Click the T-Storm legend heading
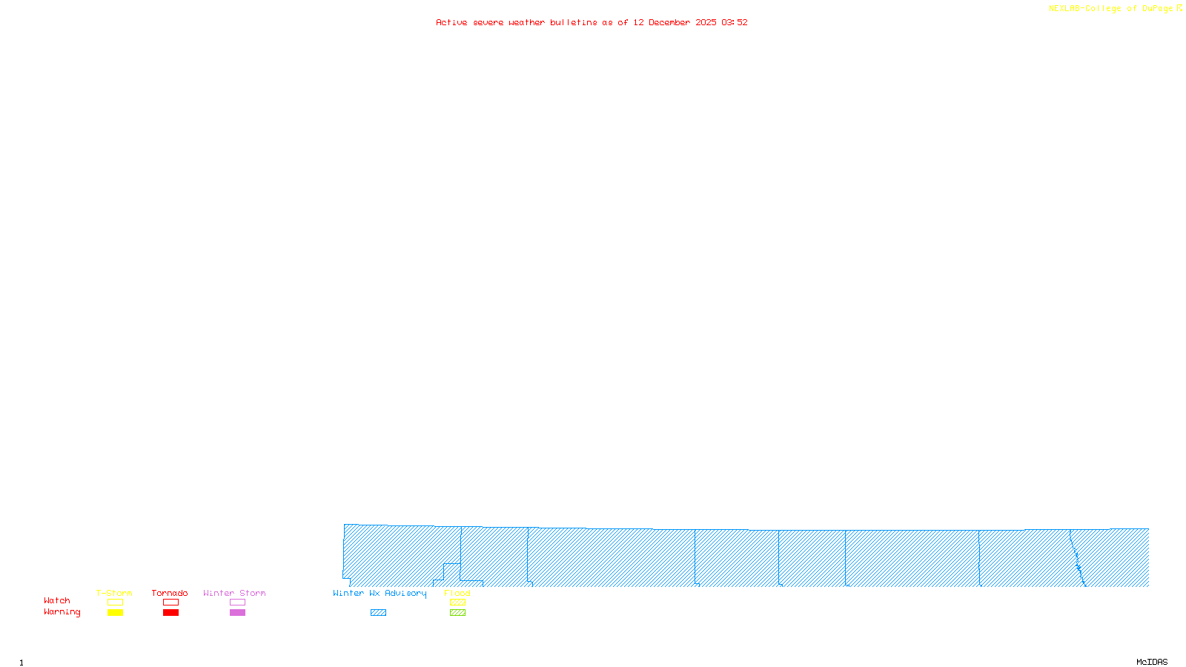pos(114,593)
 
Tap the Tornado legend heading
pos(170,593)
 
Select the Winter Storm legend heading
pos(234,593)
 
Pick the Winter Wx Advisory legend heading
pos(380,593)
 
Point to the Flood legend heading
pos(457,593)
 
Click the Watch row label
pos(57,600)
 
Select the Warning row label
pos(62,612)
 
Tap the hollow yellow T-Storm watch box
pos(115,603)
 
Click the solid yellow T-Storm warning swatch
pos(115,613)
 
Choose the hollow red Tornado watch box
pos(170,603)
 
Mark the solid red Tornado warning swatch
pos(170,613)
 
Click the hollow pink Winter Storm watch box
pos(237,603)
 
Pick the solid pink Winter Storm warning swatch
pos(237,613)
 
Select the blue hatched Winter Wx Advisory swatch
pos(378,613)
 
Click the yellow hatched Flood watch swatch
pos(457,603)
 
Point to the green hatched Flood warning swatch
pos(457,613)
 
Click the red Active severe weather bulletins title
pos(592,22)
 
